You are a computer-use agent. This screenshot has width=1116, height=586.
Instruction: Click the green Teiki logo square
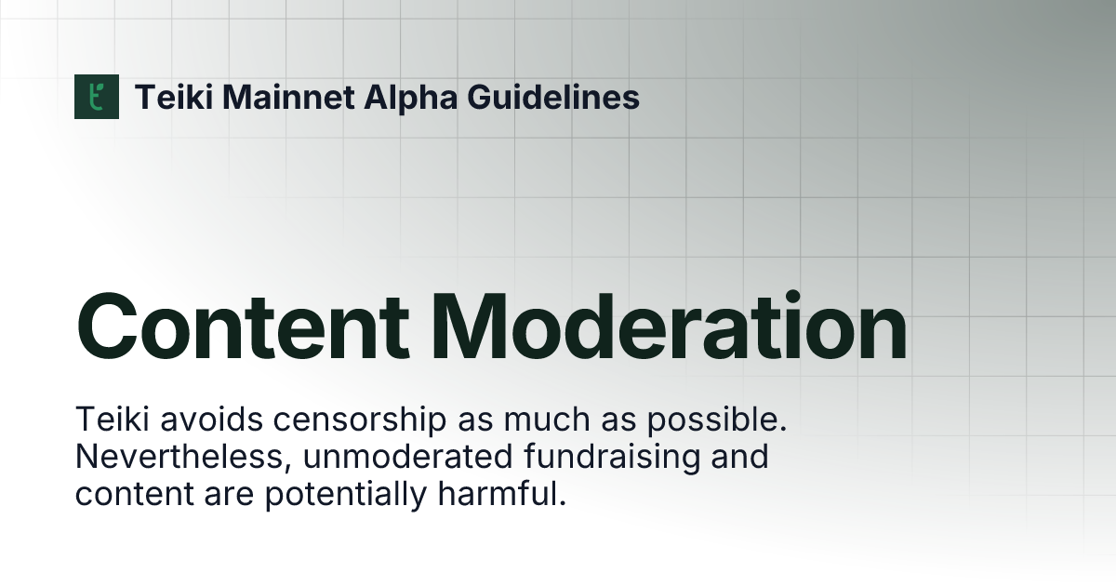click(x=97, y=97)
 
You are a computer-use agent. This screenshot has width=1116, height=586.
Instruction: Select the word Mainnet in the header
click(x=273, y=97)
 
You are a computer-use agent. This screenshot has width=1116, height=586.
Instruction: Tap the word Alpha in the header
click(x=390, y=97)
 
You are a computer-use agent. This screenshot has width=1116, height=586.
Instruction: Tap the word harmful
click(x=502, y=495)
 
